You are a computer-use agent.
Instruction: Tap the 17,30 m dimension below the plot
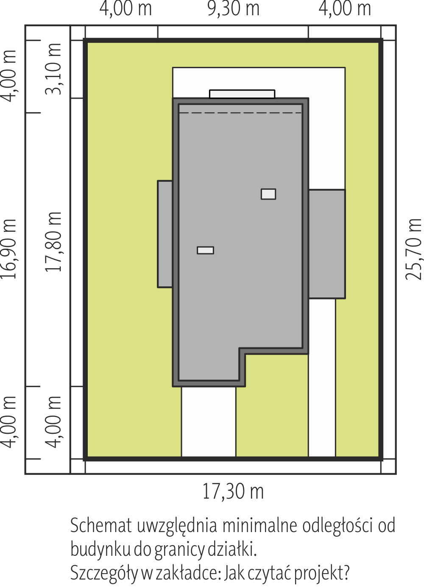click(233, 492)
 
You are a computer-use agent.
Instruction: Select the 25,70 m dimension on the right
click(414, 249)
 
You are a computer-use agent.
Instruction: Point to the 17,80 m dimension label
click(53, 241)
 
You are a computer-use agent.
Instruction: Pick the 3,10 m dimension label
click(53, 69)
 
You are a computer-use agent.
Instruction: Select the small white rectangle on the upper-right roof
click(268, 194)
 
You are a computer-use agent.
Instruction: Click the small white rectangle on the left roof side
click(206, 250)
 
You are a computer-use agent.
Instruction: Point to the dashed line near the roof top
click(240, 113)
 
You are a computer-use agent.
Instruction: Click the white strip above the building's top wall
click(242, 94)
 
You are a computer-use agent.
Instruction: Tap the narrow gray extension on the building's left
click(165, 234)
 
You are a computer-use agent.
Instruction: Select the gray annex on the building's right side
click(327, 244)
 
